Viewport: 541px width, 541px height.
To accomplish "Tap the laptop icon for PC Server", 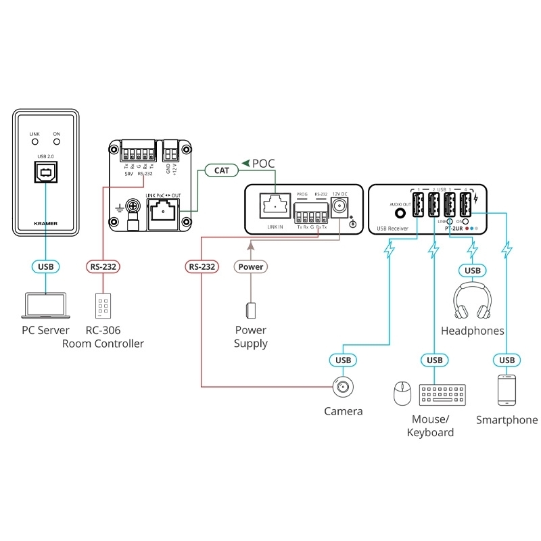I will point(45,305).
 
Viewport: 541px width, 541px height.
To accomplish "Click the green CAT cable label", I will point(222,170).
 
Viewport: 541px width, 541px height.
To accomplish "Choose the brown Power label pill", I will point(250,266).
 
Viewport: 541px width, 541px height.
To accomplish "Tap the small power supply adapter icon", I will point(250,310).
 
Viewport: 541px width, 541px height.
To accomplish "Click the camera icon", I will point(341,388).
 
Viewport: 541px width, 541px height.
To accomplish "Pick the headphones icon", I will point(472,302).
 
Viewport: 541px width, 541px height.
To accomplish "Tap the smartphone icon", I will point(507,391).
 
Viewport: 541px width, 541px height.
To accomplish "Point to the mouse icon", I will point(402,392).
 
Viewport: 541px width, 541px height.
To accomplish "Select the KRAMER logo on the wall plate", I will point(45,221).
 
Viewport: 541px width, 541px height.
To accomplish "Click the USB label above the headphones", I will point(472,271).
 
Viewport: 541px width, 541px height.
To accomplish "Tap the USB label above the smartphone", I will point(507,359).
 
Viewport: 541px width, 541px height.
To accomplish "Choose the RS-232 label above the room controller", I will point(104,266).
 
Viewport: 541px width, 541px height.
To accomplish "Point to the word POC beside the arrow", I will point(264,163).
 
